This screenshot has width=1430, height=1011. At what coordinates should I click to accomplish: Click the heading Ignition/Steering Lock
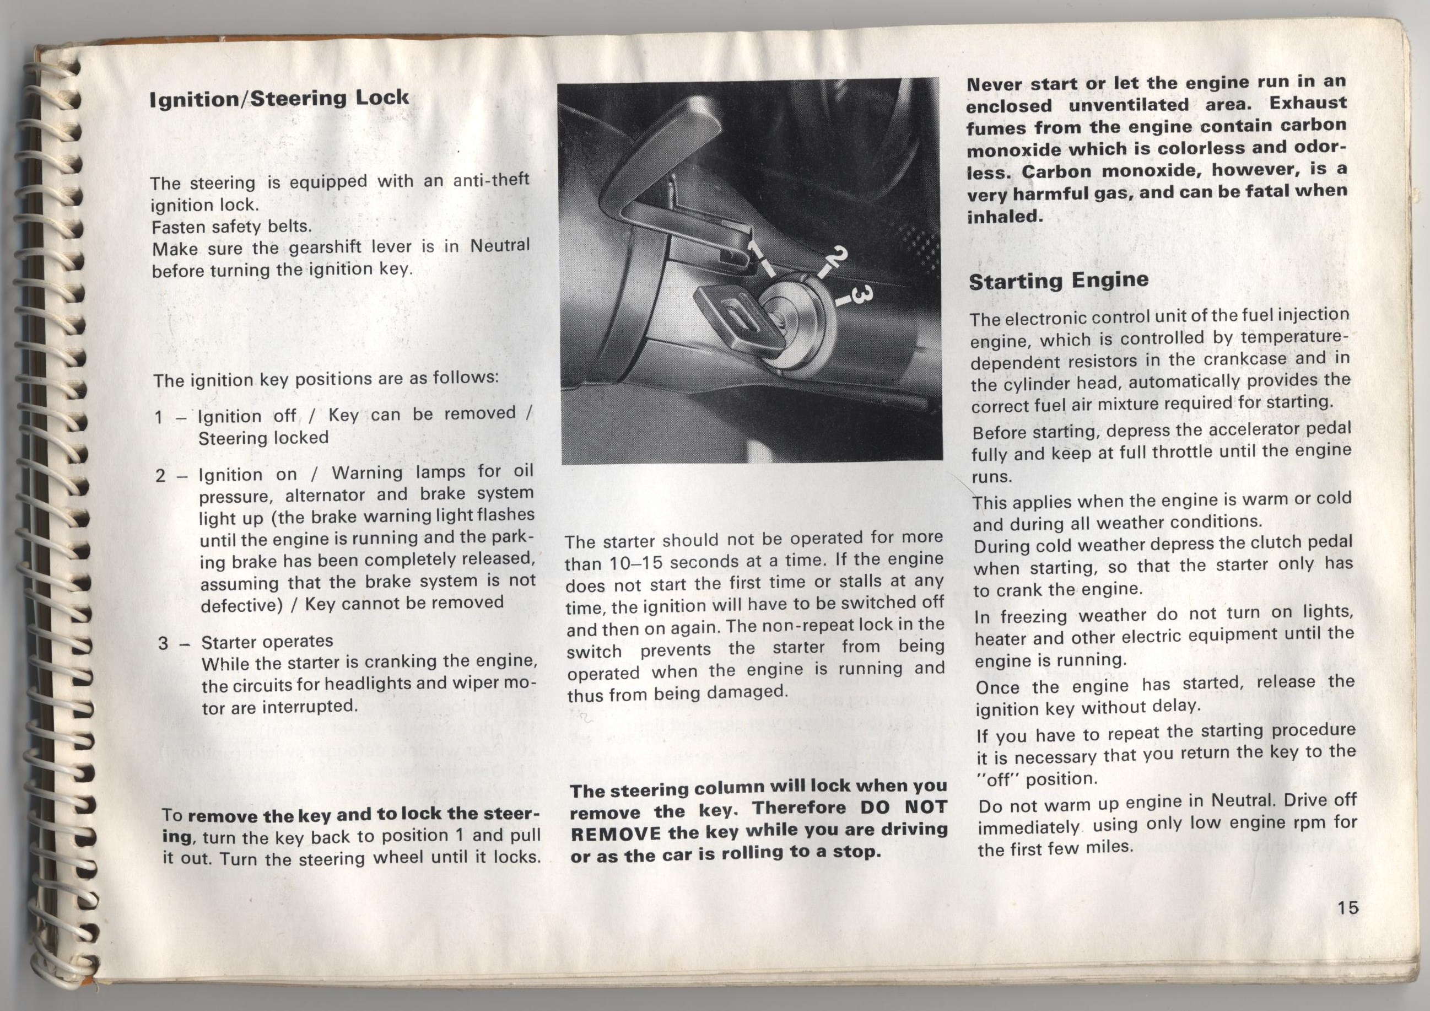279,99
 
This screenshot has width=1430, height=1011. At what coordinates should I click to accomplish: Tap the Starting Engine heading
1058,281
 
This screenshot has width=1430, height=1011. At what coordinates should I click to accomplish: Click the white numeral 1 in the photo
755,253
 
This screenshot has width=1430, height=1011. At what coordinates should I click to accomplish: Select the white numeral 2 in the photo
839,258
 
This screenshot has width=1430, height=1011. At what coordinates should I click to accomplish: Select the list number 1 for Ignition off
159,417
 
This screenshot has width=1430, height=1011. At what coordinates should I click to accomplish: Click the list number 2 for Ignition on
161,476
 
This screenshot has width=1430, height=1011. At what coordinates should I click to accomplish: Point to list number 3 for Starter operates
163,643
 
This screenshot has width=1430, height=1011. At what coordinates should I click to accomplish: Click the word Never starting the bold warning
994,85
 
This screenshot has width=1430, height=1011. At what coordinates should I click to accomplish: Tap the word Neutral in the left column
499,245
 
